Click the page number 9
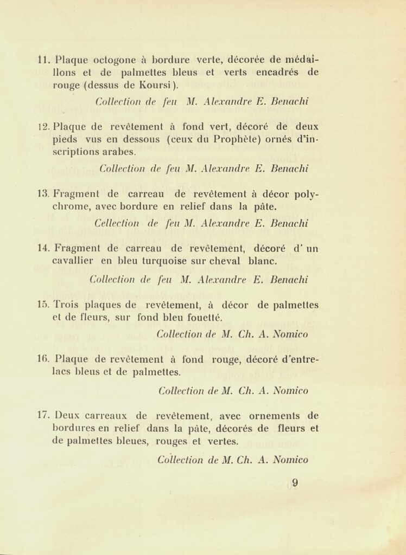coord(295,482)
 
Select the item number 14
coord(44,249)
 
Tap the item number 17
coord(44,416)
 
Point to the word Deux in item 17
coord(67,416)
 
